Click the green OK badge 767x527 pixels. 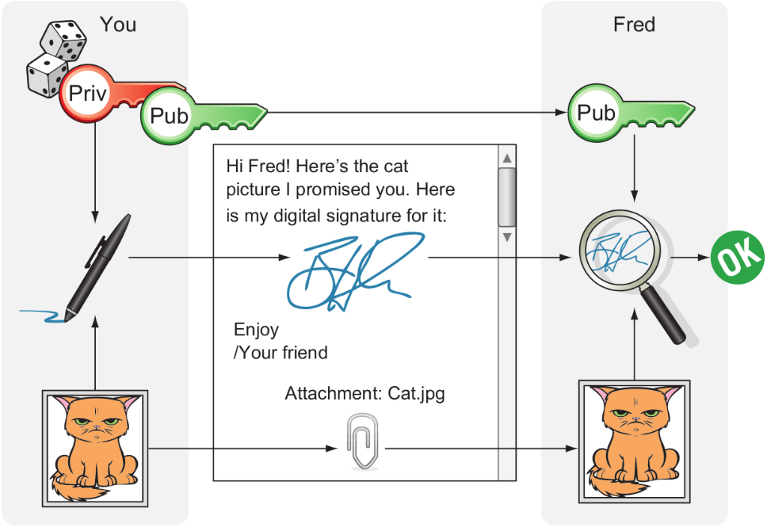737,257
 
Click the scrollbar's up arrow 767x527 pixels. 506,159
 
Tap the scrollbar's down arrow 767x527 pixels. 506,237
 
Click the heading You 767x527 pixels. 118,25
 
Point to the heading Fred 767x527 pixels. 634,25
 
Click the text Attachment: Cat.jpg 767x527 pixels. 365,393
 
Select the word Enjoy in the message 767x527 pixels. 256,329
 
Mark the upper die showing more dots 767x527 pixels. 63,40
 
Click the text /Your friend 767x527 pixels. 280,352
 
